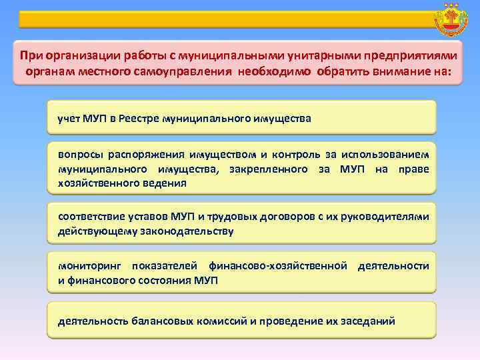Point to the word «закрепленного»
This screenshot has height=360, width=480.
coord(268,169)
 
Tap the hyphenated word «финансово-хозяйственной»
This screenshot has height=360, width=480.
coord(277,267)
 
